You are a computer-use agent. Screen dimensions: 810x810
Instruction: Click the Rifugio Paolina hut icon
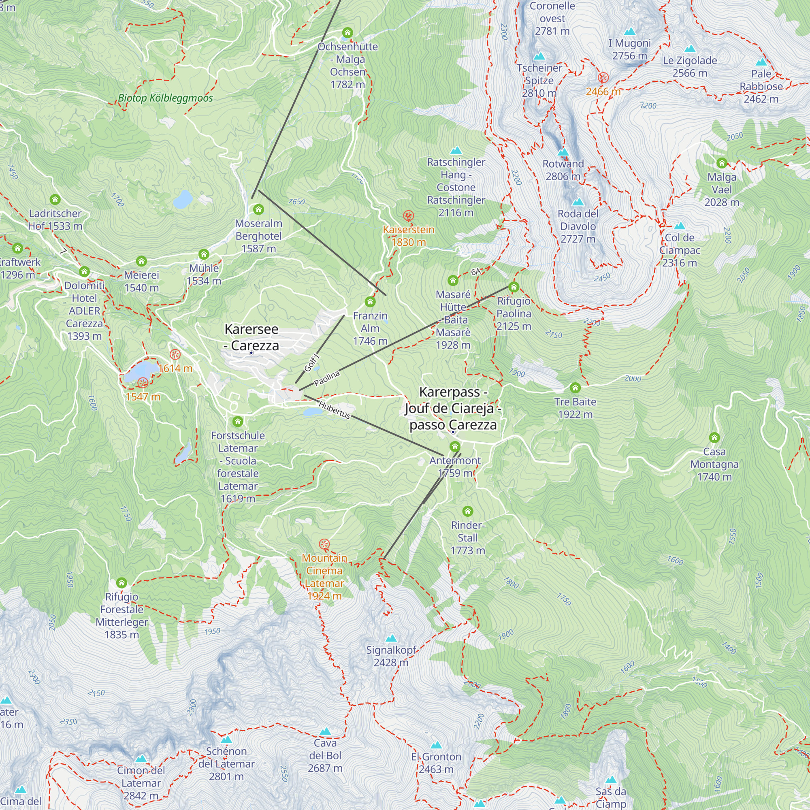click(x=514, y=287)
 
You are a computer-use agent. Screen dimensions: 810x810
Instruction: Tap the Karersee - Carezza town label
click(x=252, y=337)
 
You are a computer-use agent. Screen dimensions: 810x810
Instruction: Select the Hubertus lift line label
click(x=334, y=409)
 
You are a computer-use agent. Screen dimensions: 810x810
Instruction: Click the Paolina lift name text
click(x=326, y=378)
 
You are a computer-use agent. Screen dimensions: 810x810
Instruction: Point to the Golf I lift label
click(x=312, y=363)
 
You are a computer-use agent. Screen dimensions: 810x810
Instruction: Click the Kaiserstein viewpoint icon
click(x=408, y=216)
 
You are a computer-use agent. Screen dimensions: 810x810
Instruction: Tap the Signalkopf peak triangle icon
click(x=391, y=639)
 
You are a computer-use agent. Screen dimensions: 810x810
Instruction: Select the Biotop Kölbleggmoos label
click(x=165, y=98)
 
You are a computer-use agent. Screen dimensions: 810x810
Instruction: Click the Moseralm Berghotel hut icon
click(x=259, y=209)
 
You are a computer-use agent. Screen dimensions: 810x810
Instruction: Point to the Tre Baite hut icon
click(x=575, y=388)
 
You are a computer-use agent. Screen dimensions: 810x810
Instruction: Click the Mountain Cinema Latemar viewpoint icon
click(x=324, y=544)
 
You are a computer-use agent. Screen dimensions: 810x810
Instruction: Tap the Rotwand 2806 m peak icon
click(x=563, y=152)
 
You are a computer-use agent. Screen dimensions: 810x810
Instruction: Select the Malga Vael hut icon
click(x=722, y=163)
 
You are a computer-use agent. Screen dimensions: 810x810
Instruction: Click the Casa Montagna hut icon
click(x=714, y=438)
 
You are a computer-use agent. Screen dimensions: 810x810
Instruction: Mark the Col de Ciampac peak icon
click(x=680, y=226)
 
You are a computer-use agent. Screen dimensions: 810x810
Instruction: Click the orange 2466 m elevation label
click(x=603, y=92)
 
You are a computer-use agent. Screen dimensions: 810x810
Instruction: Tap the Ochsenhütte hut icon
click(x=347, y=33)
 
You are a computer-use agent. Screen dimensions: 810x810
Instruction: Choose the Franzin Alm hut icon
click(x=370, y=302)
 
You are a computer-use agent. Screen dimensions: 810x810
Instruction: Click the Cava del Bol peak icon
click(x=325, y=731)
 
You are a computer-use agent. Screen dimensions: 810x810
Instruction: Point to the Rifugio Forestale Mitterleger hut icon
click(x=122, y=583)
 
